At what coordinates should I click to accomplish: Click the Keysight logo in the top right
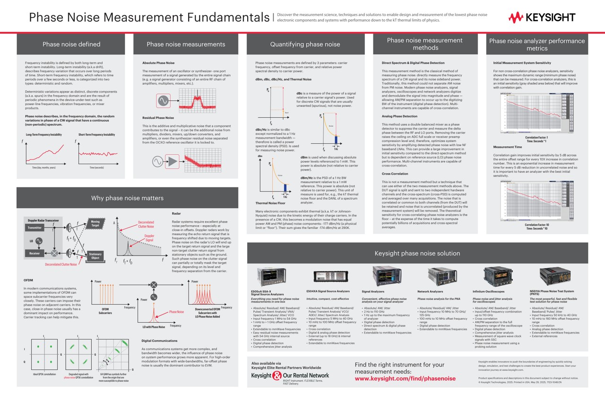542,18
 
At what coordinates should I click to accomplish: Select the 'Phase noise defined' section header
71,44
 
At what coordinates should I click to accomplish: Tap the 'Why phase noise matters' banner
127,198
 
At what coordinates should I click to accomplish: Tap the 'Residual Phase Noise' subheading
158,117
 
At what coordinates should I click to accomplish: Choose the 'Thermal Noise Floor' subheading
270,203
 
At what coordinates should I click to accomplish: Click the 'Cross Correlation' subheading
395,174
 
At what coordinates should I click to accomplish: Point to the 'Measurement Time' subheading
507,147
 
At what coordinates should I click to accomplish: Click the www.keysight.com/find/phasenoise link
405,378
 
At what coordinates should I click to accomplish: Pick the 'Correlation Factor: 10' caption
536,225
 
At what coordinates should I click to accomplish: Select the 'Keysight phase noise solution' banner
417,253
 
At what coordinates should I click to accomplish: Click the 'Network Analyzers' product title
430,291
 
